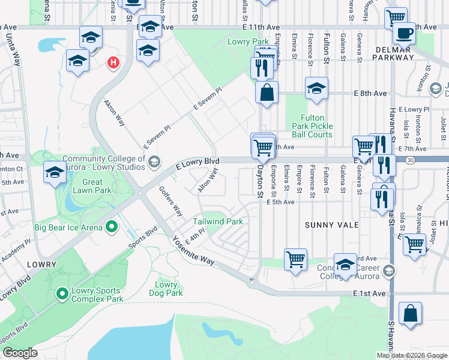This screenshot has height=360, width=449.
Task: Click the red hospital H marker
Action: (x=112, y=62)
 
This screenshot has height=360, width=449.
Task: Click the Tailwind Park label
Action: (x=218, y=221)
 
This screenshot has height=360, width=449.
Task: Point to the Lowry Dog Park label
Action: (x=166, y=289)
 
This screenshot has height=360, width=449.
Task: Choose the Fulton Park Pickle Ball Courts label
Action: (x=312, y=126)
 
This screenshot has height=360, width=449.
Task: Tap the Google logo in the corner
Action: (x=20, y=353)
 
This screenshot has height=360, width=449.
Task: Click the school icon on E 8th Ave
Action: (x=316, y=89)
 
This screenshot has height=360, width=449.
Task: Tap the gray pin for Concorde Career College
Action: (x=391, y=271)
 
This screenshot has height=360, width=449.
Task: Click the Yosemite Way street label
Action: (x=193, y=252)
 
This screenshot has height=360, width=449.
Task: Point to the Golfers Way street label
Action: (x=170, y=202)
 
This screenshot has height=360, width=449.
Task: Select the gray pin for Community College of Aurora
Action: (x=154, y=161)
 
